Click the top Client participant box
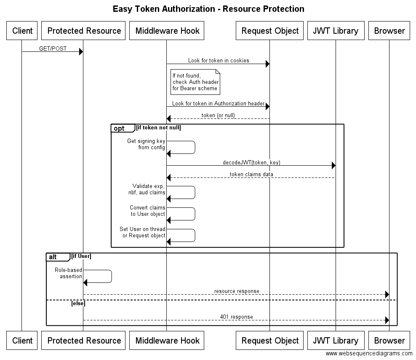[22, 30]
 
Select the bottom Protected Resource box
[83, 340]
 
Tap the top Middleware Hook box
[167, 30]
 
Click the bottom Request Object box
[269, 340]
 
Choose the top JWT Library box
[336, 30]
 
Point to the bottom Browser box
[389, 340]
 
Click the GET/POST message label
[53, 48]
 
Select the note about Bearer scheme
[195, 82]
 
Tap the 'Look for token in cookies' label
[219, 61]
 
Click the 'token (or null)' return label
[218, 116]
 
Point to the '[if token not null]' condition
[159, 128]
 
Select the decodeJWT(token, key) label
[251, 162]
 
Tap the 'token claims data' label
[251, 174]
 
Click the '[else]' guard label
[78, 304]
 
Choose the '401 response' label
[236, 317]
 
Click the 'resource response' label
[237, 291]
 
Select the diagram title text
[208, 9]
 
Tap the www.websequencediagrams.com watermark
[369, 354]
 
